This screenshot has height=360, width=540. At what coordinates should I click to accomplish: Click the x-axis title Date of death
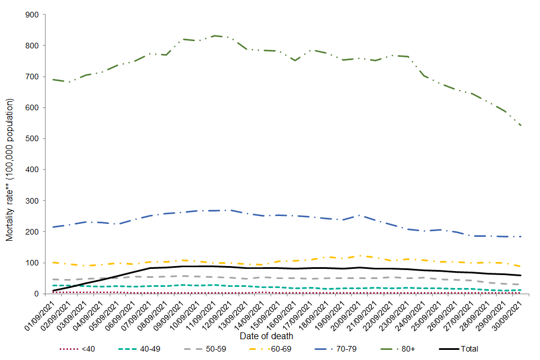coord(266,336)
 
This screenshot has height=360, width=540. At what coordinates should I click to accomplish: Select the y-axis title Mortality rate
coord(10,170)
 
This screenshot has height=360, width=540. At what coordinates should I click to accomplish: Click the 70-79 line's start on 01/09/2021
coord(52,227)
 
